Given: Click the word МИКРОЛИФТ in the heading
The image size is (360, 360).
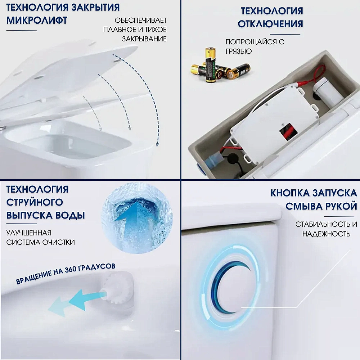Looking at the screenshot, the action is (36, 20).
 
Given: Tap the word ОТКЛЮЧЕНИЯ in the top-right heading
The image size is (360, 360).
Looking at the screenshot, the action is (270, 24).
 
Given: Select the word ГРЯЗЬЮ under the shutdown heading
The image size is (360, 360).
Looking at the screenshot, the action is (239, 51).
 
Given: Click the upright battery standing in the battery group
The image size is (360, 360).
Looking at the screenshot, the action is (211, 64).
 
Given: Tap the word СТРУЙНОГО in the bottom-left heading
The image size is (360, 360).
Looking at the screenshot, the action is (35, 202).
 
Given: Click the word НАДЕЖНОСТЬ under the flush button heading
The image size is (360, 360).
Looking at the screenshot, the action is (326, 234).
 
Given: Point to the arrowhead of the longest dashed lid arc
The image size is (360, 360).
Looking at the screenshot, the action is (157, 144).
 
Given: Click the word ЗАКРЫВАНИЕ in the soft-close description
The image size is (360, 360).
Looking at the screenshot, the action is (144, 39).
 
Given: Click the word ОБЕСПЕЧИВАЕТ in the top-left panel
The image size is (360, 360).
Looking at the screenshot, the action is (141, 20).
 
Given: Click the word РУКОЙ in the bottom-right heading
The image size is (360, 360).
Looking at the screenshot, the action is (339, 206).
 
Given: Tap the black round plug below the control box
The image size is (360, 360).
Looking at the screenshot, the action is (233, 158).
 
